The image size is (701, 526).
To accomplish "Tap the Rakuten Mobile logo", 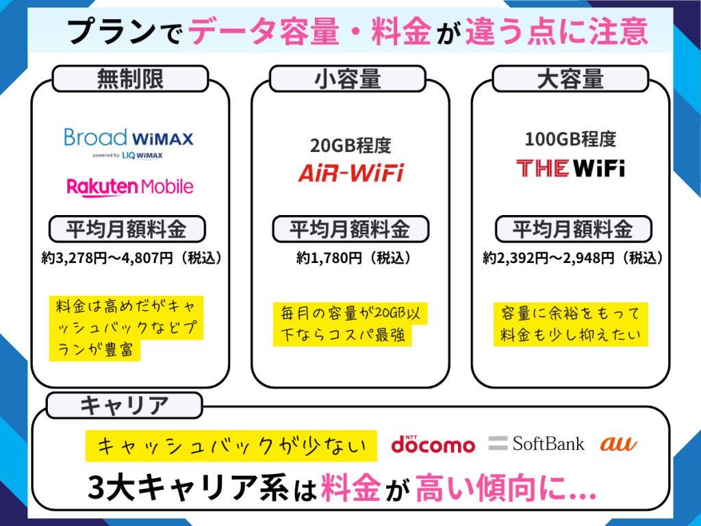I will (130, 186).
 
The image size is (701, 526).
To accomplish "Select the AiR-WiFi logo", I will (350, 173).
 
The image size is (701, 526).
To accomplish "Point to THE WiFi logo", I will (570, 168).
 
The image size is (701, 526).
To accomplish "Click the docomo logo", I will (433, 444).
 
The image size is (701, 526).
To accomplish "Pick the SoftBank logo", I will (537, 443).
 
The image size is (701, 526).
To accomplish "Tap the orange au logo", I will (618, 444).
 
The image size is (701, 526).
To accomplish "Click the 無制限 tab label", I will (130, 79).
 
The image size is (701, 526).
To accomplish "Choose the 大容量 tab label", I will (570, 79).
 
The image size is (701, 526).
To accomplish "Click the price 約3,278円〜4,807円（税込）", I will (131, 258).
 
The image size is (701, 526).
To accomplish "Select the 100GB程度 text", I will (570, 139).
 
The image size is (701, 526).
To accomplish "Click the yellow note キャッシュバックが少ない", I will (231, 446).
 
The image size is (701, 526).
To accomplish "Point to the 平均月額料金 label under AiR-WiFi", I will (350, 229).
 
